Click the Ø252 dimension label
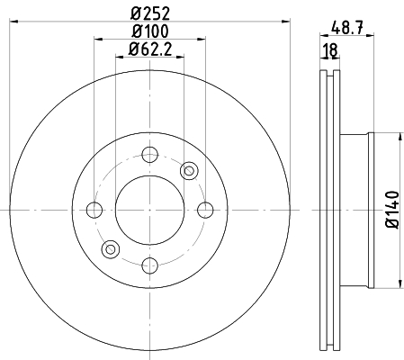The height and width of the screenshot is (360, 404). (150, 13)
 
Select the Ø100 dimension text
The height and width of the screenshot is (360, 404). (150, 31)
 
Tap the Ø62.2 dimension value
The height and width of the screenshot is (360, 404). (150, 49)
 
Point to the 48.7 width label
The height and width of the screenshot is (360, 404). (347, 29)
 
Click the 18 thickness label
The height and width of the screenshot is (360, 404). (330, 50)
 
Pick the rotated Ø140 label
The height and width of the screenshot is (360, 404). (392, 210)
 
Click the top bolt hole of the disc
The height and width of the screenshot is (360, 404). (149, 155)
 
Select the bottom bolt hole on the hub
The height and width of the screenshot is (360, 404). (149, 265)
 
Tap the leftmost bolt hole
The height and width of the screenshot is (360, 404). (94, 210)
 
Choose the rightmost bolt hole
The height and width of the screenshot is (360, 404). (205, 210)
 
